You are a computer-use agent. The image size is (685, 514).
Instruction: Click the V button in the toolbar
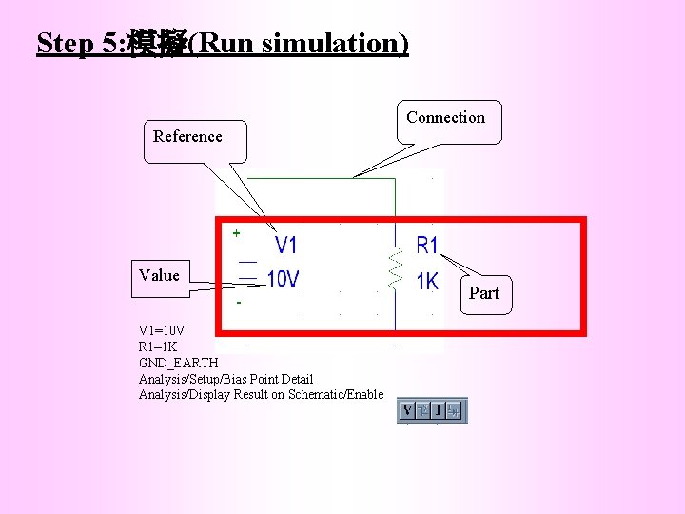tap(407, 410)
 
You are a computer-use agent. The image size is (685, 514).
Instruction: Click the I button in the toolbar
tap(437, 410)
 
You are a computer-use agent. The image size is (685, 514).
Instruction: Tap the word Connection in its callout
tap(445, 118)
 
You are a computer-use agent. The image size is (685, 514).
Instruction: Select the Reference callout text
tap(187, 136)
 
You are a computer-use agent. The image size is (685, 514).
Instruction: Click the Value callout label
tap(158, 275)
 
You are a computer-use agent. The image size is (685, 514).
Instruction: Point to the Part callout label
tap(483, 293)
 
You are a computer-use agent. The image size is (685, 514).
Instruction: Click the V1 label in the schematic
tap(285, 246)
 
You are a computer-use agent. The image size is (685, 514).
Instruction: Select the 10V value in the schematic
tap(283, 279)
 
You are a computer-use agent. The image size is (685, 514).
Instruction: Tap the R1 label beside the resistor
tap(428, 246)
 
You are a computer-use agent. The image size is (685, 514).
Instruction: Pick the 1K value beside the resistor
tap(427, 282)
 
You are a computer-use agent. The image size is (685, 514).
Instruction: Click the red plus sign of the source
tap(236, 231)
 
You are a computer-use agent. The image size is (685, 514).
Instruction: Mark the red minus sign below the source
tap(239, 303)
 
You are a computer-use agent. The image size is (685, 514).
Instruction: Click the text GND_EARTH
tap(179, 363)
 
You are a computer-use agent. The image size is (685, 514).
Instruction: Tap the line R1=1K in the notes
tap(158, 346)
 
